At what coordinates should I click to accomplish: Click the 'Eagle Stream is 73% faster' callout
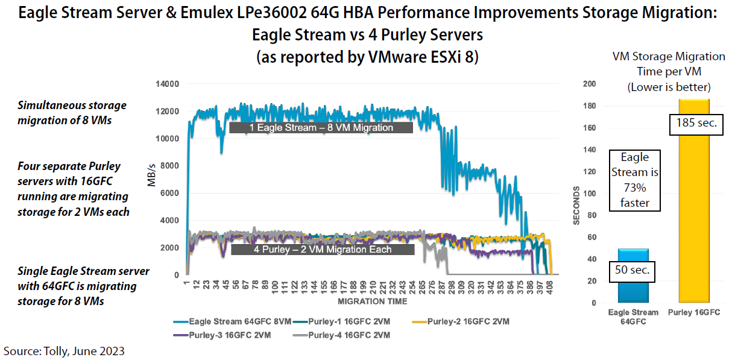click(634, 180)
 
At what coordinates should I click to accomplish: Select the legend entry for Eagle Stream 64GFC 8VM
click(240, 321)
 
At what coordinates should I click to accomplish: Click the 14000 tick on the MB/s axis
click(166, 84)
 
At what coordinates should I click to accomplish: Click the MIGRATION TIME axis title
click(372, 301)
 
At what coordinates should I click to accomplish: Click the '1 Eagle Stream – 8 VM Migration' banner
click(321, 128)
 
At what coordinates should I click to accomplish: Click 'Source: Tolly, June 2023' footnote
click(65, 350)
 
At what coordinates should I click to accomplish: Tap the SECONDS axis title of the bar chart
click(576, 206)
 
